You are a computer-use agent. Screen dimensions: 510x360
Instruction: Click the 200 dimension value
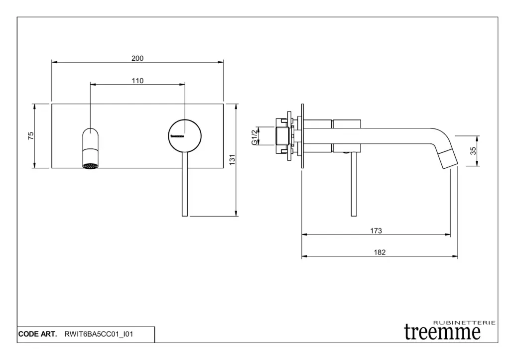click(137, 58)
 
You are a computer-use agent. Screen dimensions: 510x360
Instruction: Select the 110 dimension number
click(137, 81)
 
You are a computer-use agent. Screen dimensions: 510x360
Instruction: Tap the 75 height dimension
click(31, 135)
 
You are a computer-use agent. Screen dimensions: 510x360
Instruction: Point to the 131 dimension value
click(232, 160)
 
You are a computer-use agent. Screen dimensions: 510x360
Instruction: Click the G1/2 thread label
click(255, 136)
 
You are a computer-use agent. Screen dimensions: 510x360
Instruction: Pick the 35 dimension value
click(473, 151)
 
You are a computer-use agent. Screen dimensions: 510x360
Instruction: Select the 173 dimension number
click(376, 231)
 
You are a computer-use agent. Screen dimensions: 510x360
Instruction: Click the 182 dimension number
click(380, 252)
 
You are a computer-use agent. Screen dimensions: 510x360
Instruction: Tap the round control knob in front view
click(185, 135)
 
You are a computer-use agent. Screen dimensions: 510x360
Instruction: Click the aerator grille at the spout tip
click(91, 166)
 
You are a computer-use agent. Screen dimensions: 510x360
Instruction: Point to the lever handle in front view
click(185, 184)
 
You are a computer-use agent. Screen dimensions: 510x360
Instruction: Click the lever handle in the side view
click(354, 184)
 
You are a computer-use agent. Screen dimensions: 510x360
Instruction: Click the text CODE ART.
click(37, 334)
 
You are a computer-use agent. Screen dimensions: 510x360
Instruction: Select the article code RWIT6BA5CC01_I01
click(99, 334)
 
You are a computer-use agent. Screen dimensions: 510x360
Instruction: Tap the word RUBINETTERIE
click(464, 323)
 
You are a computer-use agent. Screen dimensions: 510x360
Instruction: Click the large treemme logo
click(442, 332)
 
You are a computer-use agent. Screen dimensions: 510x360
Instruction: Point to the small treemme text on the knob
click(177, 136)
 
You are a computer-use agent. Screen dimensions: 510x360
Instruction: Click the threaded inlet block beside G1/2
click(282, 136)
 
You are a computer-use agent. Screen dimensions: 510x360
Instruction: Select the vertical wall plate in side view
click(302, 136)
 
